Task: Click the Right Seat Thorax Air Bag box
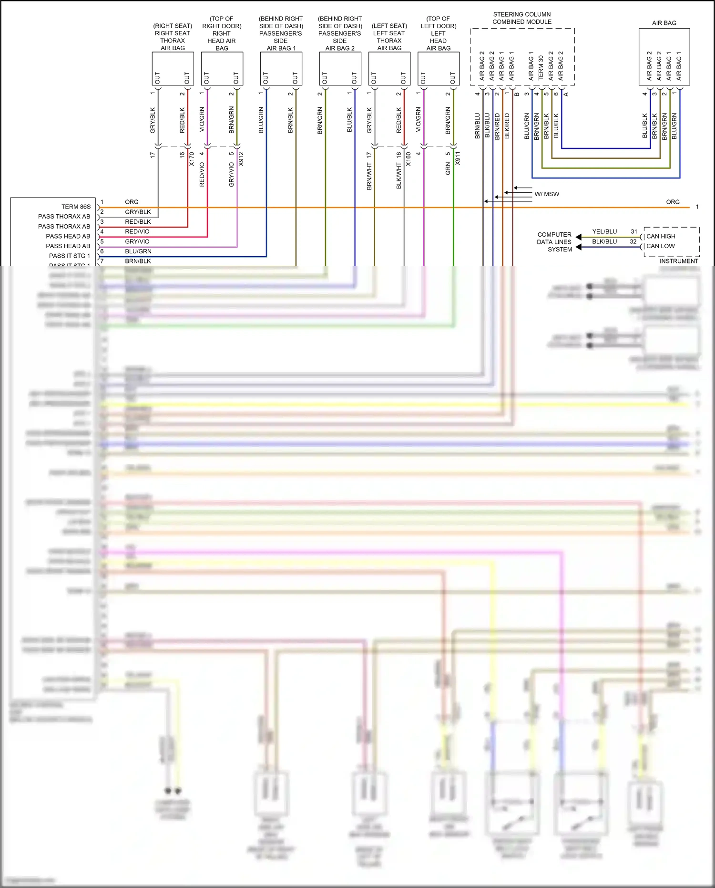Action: pos(173,68)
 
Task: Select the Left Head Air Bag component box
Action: pos(439,68)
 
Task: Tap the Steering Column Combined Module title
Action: pos(522,18)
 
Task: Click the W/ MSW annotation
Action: pos(547,194)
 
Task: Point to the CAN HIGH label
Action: pos(661,236)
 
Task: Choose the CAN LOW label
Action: pos(661,246)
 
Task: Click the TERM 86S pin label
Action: pos(76,207)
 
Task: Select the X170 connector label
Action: pos(192,159)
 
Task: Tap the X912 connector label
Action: pos(241,159)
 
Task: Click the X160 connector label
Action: pos(409,159)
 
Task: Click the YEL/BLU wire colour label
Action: pos(604,231)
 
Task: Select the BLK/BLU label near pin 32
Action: pos(604,241)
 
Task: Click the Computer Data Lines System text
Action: pos(554,242)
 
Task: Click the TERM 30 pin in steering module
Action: pos(541,68)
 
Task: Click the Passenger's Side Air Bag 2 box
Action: pos(340,68)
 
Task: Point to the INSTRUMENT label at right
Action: pos(679,261)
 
